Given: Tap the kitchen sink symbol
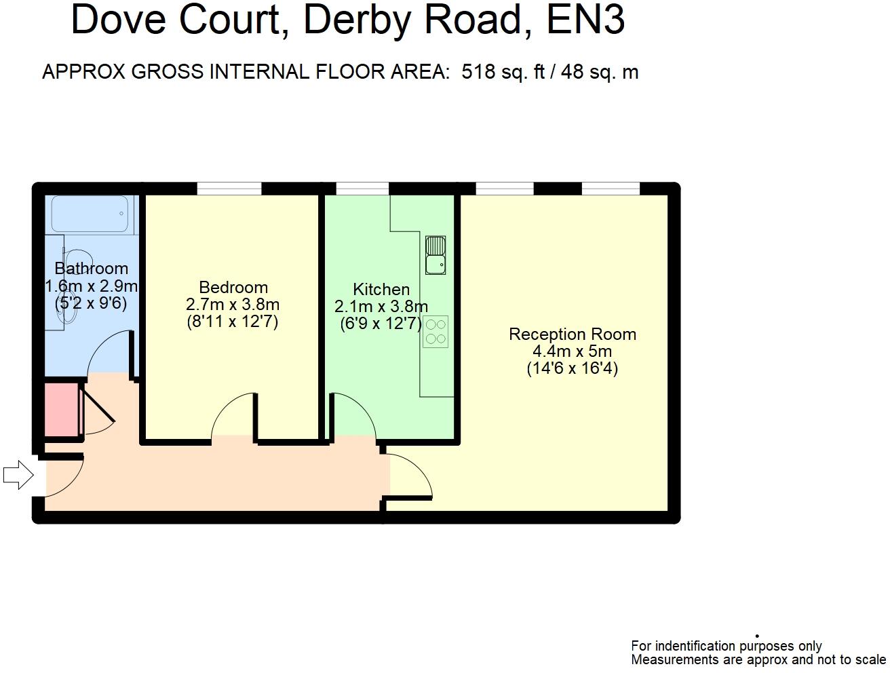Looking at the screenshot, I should pos(436,255).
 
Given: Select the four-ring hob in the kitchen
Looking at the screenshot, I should pos(436,332).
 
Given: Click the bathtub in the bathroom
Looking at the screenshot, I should pos(90,214).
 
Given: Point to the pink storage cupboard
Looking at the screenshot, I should pos(61,410).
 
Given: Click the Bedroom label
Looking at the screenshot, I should pos(233,287).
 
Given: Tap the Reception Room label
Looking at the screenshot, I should pos(573,334).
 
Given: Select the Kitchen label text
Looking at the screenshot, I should pos(381,290).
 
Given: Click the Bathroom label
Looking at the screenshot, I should pos(91,269).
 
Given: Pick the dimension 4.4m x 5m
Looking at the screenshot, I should pos(573,351).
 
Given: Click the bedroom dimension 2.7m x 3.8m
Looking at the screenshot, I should pos(233,304).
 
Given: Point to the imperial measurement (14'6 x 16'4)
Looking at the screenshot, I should pos(573,368).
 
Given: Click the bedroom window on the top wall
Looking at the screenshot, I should pos(229,189).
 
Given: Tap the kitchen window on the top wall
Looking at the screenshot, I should pos(362,189).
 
